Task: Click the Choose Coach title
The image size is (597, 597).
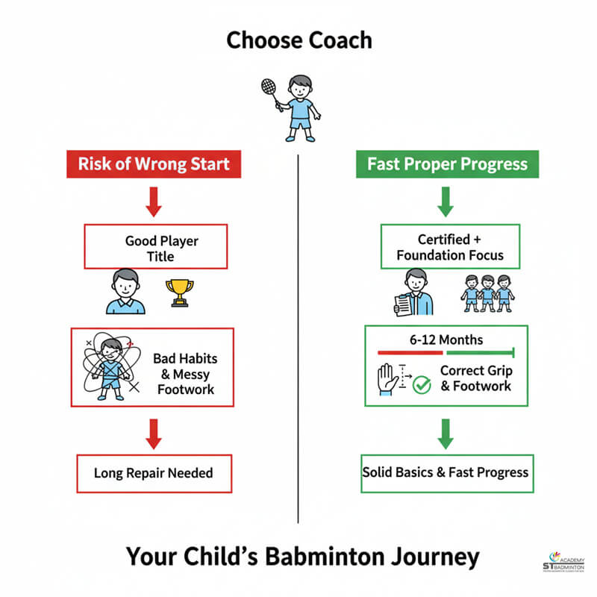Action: tap(298, 40)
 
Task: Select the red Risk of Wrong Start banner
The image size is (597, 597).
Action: tap(154, 164)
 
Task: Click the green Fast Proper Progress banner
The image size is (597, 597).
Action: tap(448, 164)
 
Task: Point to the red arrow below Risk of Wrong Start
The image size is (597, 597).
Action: tap(154, 201)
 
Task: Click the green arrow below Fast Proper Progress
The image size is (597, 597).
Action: tap(446, 201)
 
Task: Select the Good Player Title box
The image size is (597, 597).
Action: tap(154, 248)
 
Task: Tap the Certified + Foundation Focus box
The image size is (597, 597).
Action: tap(449, 248)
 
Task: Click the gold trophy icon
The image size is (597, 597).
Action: tap(180, 293)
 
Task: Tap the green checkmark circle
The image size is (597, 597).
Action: tap(422, 385)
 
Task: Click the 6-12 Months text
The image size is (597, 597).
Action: tap(446, 340)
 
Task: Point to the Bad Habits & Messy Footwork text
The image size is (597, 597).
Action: tap(185, 374)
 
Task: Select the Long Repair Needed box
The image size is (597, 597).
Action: tap(154, 472)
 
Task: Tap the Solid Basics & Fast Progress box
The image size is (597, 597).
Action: tap(446, 472)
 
